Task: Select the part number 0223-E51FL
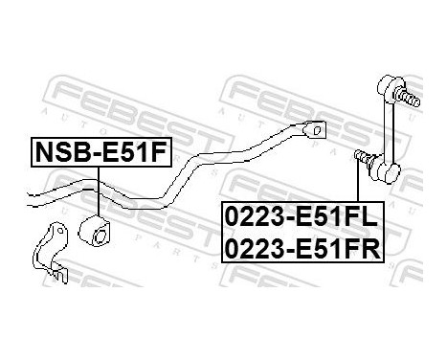302,216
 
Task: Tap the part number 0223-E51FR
302,248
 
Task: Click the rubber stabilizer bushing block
99,231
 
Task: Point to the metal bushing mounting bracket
50,252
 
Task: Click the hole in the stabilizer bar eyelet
314,129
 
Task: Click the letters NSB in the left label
59,151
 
